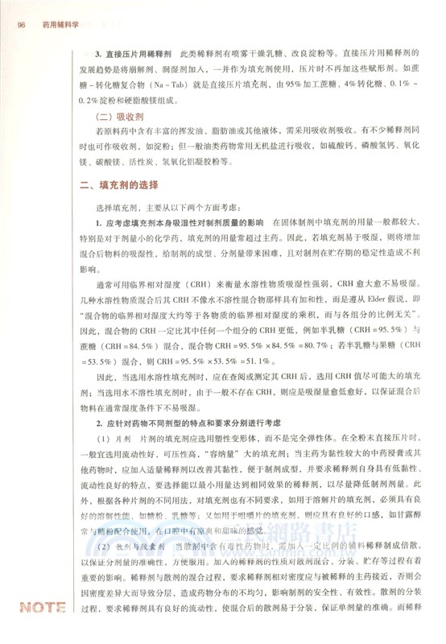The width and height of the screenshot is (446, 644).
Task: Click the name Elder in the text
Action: (352, 299)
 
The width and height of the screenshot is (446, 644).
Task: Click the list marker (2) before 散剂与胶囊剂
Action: (105, 568)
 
